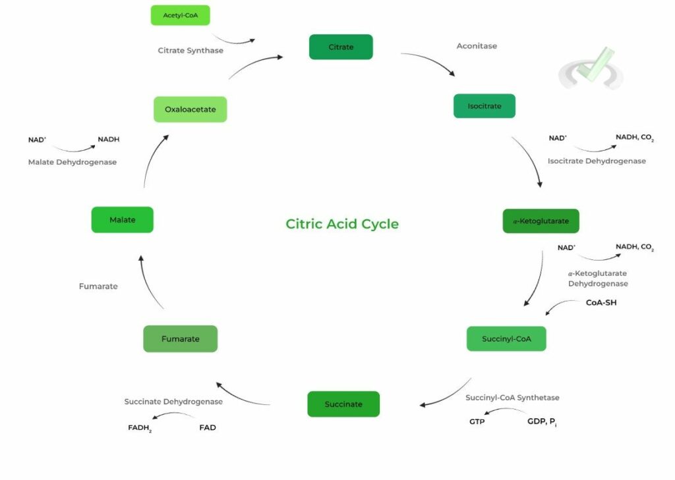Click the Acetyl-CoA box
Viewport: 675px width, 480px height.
pos(180,15)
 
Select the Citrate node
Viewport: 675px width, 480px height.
pos(341,47)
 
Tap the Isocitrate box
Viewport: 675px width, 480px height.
pos(484,106)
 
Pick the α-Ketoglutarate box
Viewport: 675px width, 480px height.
pos(541,221)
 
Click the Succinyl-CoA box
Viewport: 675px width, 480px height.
pos(506,338)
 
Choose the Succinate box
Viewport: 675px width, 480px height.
pos(343,404)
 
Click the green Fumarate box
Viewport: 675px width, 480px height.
pos(180,338)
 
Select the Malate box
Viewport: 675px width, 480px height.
pos(122,220)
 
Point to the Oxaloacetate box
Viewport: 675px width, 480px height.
pos(190,109)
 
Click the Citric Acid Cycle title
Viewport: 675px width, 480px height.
pos(342,224)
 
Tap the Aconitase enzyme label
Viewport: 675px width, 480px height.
pos(477,46)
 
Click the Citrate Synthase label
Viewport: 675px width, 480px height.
pos(191,50)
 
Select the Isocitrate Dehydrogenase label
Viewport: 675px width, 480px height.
pos(597,161)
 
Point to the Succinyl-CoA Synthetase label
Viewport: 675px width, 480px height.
pos(512,398)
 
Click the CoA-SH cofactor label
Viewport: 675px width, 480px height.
pos(601,303)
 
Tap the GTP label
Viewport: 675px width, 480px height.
pos(477,421)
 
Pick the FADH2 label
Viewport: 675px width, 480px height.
pos(140,428)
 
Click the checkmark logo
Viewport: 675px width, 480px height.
pos(591,69)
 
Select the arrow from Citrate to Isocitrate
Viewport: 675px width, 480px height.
pos(429,63)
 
